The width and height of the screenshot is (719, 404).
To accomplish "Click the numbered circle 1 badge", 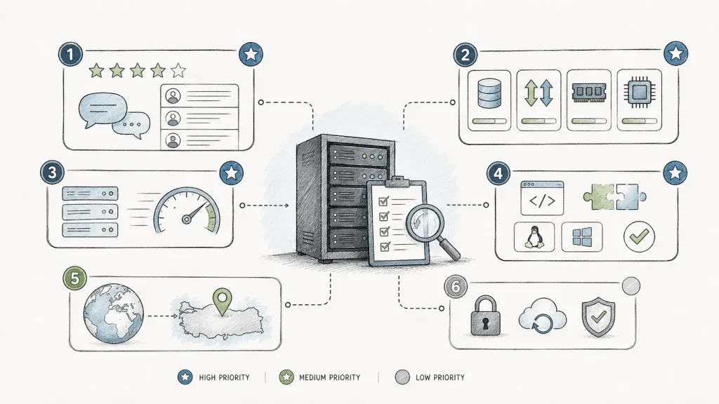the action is point(70,55).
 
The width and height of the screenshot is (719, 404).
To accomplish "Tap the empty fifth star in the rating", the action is point(178,71).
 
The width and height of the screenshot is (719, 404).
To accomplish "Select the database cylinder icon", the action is point(489,93).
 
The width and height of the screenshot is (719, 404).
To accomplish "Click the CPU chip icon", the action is point(639,92).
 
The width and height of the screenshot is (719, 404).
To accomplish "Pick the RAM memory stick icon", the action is point(589,92).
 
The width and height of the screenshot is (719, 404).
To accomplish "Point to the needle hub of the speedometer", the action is point(186,220).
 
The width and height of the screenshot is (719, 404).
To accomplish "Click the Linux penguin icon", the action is point(534,237).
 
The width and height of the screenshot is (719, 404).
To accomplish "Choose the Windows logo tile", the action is point(582,237).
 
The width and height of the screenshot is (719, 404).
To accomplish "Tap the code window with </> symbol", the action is point(542,198).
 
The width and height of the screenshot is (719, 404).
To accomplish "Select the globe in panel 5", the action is point(113,314).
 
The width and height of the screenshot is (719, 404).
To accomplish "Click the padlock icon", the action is point(486,315).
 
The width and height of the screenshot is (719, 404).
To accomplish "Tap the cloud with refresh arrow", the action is point(543,315).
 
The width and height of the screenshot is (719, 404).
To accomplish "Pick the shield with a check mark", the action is point(598,316).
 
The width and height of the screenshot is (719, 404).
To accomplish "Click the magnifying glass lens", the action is point(425,222).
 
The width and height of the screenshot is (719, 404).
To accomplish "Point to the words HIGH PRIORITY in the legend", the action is point(224,377).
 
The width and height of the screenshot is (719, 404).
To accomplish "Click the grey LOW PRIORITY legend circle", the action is point(402,377).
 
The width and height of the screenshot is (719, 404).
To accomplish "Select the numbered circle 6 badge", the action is point(455,286).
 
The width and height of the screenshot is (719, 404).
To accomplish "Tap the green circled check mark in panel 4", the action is point(639,236).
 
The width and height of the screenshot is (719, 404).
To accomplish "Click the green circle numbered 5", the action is point(74,278).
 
